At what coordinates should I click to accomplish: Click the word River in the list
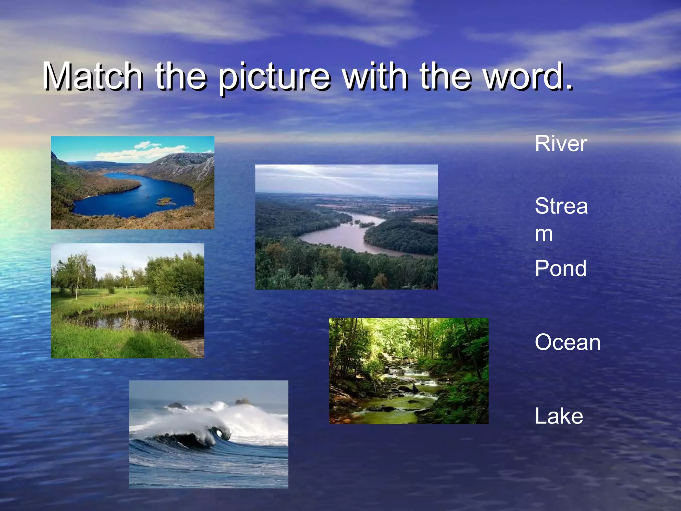[561, 144]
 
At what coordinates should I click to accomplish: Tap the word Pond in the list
[560, 268]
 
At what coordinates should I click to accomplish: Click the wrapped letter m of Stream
[544, 234]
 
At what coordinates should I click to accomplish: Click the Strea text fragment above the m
[561, 206]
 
